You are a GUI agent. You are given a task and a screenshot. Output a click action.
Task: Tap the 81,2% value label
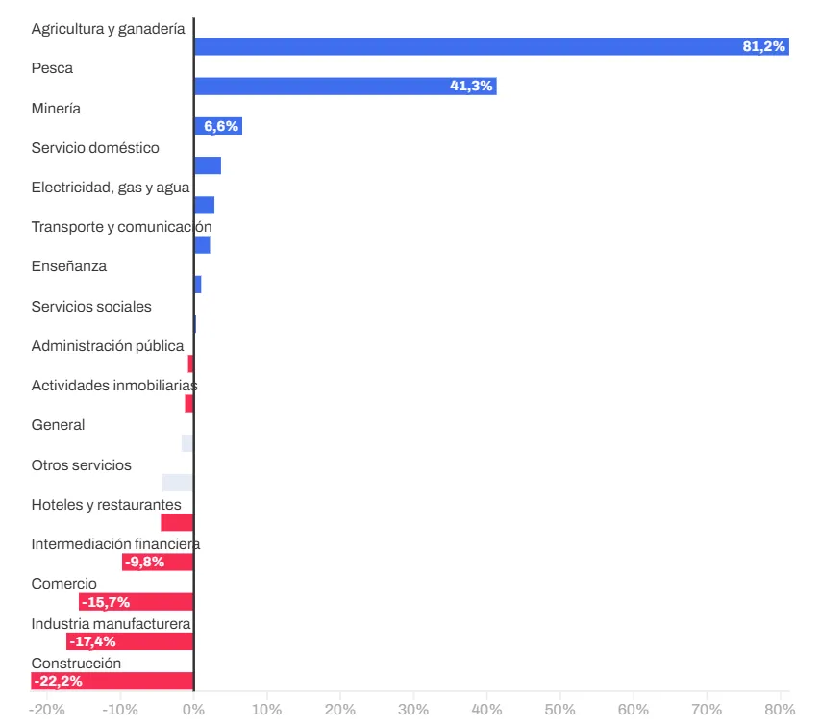tap(764, 46)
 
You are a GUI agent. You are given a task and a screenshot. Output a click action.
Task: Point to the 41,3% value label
tap(471, 87)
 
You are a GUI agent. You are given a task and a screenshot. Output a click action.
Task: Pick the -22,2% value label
tap(58, 681)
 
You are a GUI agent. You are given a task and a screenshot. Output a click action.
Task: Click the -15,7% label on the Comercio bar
tap(106, 602)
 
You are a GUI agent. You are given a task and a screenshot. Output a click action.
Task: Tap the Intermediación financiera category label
tap(115, 544)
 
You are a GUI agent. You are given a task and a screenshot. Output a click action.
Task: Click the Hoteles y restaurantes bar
tap(177, 522)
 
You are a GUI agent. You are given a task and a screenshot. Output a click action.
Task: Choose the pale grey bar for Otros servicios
tap(178, 483)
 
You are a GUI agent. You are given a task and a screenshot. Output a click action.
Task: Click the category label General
tap(58, 425)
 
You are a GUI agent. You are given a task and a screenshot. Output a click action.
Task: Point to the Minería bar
tap(217, 126)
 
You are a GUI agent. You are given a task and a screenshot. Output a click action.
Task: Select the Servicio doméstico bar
tap(208, 165)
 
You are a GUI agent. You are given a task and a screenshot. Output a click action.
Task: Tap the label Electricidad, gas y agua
tap(110, 188)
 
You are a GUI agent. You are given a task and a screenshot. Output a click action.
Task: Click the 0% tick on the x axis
tap(193, 710)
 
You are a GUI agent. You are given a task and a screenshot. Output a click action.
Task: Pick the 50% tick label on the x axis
tap(559, 710)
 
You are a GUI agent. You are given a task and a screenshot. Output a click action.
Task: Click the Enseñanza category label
tap(68, 266)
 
